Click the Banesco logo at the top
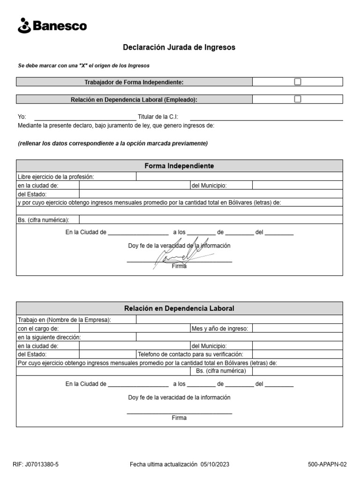pos(52,26)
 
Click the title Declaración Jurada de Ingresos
pos(179,47)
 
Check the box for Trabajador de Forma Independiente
pos(298,82)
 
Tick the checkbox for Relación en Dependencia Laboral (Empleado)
pos(298,99)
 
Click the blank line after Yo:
pos(85,117)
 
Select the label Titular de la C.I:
pos(157,117)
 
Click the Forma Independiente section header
pos(179,166)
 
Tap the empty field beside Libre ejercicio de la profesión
pos(239,177)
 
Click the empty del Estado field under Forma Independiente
pos(210,194)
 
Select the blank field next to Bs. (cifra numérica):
pos(210,220)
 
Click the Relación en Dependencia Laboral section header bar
pos(179,308)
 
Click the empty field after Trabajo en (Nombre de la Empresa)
pos(239,320)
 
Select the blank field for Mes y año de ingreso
pos(297,329)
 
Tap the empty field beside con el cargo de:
pos(135,329)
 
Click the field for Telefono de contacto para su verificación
pos(297,354)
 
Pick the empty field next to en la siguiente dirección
pos(239,337)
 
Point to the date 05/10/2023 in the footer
pos(215,465)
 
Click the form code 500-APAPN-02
pos(327,465)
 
